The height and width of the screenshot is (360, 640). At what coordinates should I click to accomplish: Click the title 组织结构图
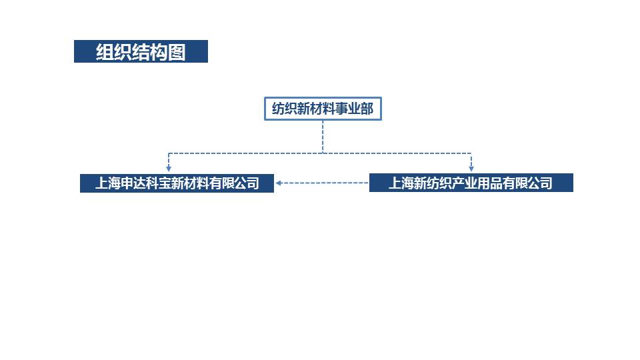[x=141, y=52]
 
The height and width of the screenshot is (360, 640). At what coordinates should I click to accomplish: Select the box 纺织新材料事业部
[x=323, y=109]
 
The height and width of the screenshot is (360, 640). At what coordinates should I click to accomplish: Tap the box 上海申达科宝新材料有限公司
[x=177, y=183]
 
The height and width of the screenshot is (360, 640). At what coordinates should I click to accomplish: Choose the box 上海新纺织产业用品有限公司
[x=471, y=183]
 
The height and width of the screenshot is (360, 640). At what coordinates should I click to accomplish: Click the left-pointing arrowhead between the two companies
[x=280, y=183]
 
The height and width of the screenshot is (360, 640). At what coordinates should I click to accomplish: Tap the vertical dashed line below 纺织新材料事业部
[x=323, y=136]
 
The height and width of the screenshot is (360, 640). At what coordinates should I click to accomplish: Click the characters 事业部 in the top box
[x=359, y=109]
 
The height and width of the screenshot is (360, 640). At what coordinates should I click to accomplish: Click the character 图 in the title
[x=177, y=52]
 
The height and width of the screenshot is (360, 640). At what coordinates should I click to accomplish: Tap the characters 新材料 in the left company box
[x=191, y=183]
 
